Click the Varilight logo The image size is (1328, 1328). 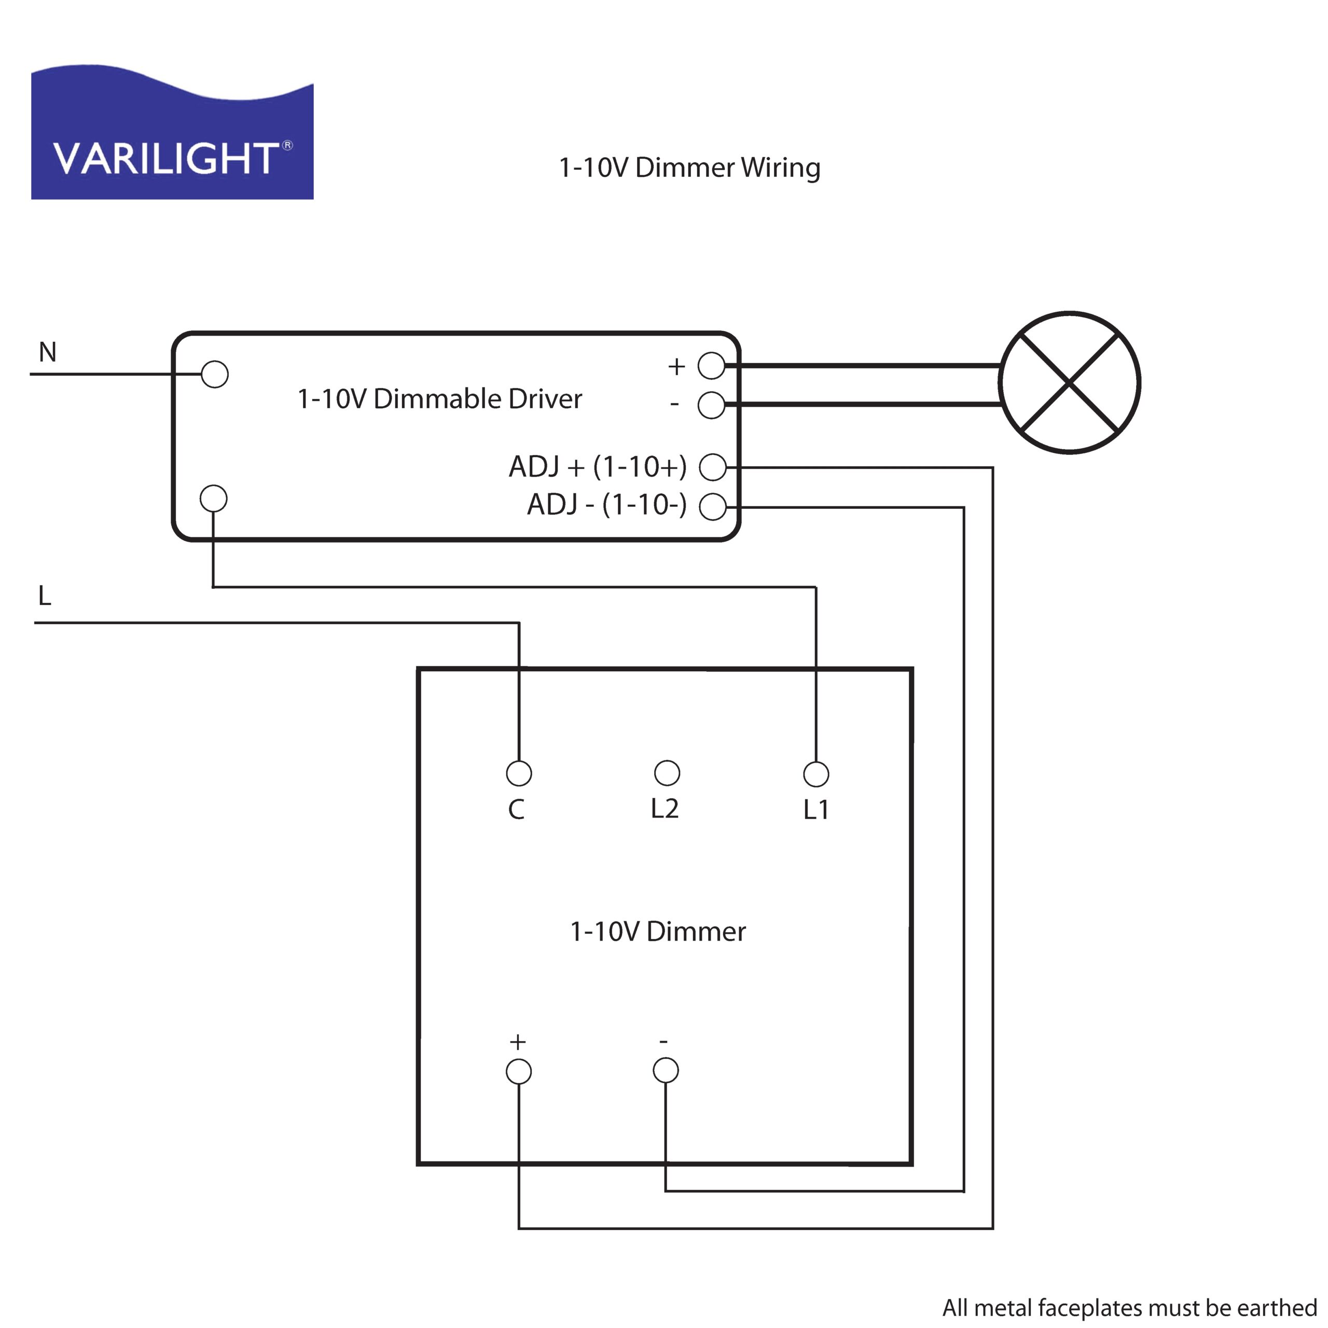pos(172,133)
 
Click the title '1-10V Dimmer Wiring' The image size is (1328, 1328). pos(689,168)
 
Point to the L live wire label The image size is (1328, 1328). pos(45,595)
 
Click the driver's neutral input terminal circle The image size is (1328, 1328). pos(214,375)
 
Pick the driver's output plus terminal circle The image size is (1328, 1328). pos(711,366)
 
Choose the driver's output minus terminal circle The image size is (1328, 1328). pos(711,405)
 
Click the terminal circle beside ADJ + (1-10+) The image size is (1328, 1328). pos(713,467)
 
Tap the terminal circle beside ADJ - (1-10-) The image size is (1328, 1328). pos(713,507)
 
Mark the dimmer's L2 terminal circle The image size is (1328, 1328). pos(667,772)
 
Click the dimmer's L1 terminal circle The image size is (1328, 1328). pos(816,774)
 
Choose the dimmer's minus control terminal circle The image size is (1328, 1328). pos(666,1070)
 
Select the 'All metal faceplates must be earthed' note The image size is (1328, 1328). pos(1129,1307)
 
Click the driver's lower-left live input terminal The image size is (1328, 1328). pos(214,499)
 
